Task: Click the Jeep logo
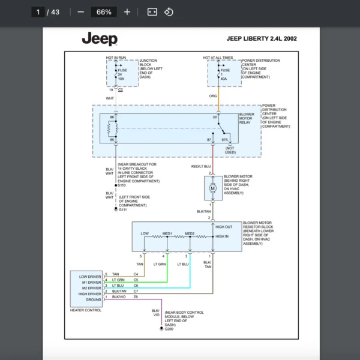tap(100, 39)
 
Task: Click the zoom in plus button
tap(127, 12)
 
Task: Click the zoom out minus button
tap(81, 12)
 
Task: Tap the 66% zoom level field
tap(104, 12)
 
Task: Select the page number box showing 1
tap(38, 12)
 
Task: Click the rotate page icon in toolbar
tap(169, 12)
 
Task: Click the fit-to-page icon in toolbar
tap(152, 12)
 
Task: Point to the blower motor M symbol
tap(212, 189)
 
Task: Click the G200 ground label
tap(169, 329)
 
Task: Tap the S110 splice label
tap(124, 185)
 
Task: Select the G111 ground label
tap(123, 209)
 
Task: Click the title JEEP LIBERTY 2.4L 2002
tap(261, 39)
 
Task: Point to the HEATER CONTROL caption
tap(86, 310)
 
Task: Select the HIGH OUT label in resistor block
tap(224, 227)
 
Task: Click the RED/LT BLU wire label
tap(201, 166)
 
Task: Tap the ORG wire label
tap(212, 96)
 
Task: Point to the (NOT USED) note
tap(231, 150)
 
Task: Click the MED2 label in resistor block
tap(190, 233)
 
